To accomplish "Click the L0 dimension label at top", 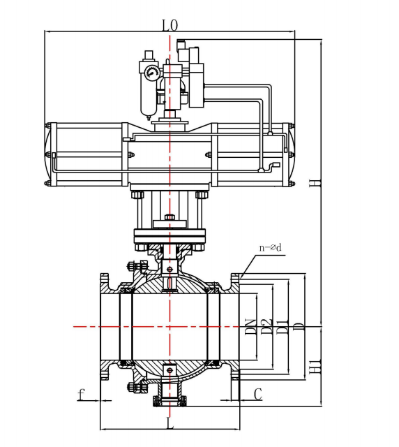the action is click(170, 25).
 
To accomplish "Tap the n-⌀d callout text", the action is click(270, 247).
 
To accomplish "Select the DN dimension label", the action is click(251, 327).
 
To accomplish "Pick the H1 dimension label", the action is click(315, 367).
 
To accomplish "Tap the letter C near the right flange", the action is click(257, 395).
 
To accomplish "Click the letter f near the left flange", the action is click(81, 395).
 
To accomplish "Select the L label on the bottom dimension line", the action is click(170, 423).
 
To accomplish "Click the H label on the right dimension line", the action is click(315, 183).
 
